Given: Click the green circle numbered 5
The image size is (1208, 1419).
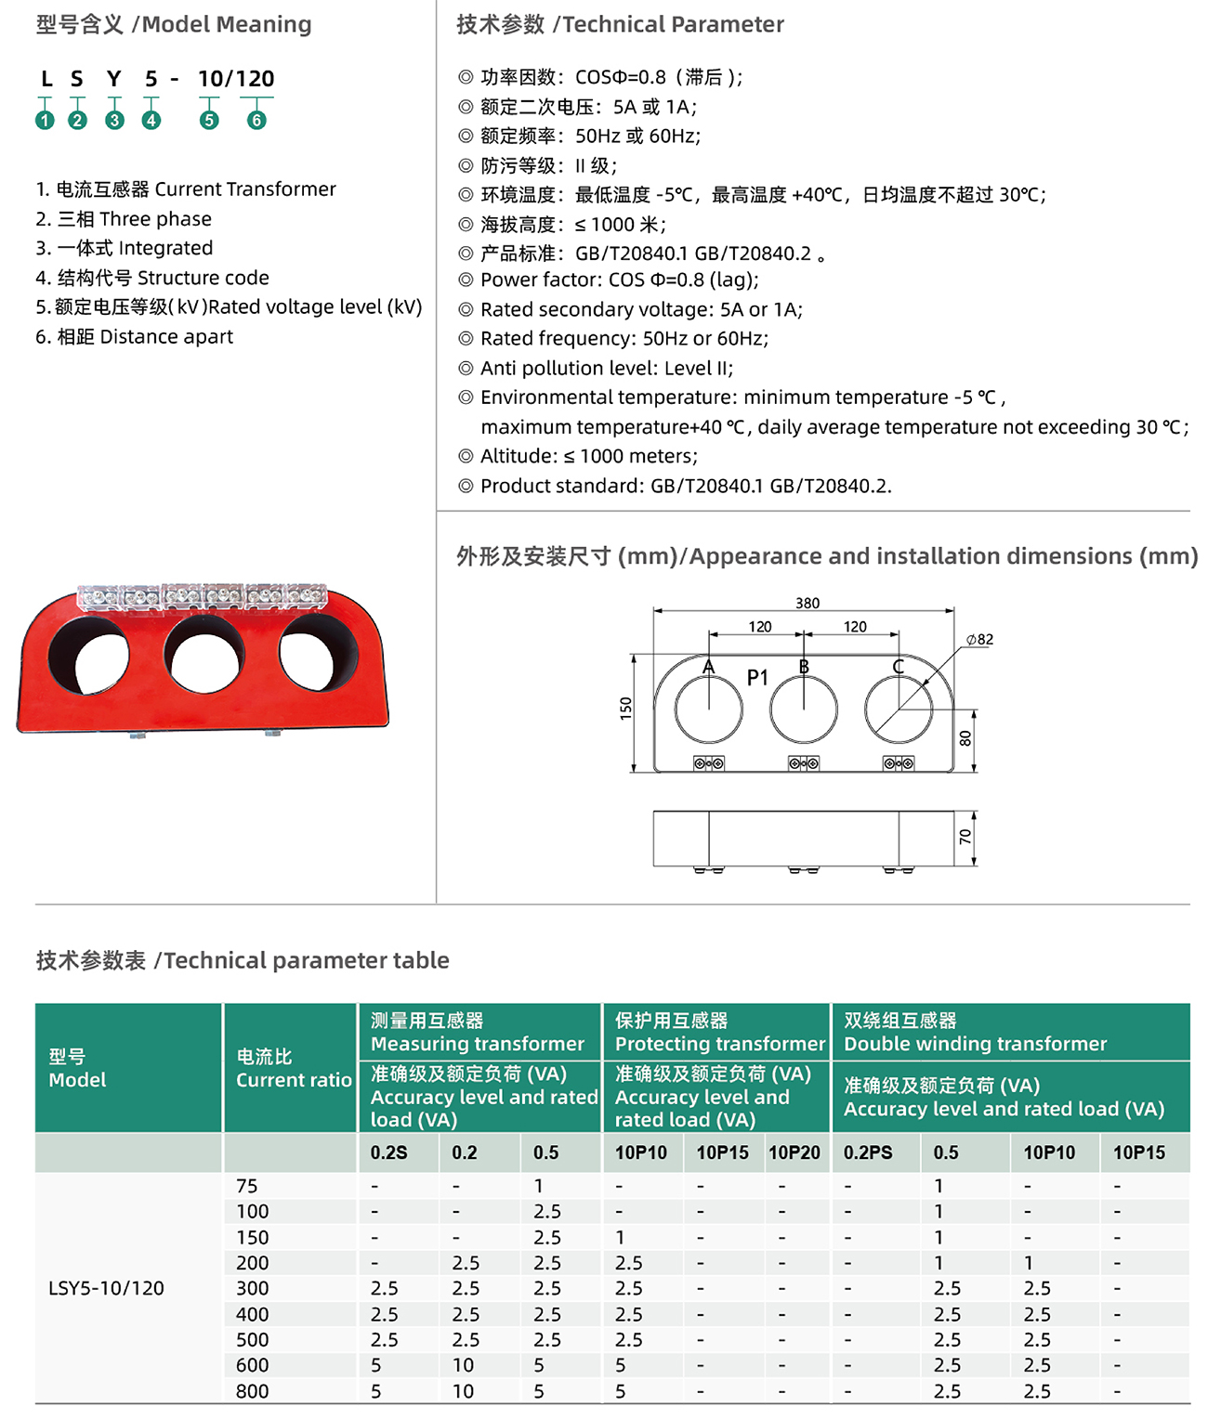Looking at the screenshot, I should click(x=209, y=121).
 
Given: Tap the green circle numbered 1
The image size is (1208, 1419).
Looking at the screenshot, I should click(x=45, y=121).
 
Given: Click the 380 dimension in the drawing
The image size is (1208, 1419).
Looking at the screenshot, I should click(x=807, y=603).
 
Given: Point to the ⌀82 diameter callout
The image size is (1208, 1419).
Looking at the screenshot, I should click(x=979, y=639).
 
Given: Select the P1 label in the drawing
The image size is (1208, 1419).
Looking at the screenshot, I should click(x=757, y=678).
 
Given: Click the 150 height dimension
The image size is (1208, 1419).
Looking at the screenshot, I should click(x=625, y=709).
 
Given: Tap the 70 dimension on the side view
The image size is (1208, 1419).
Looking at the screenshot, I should click(x=965, y=837).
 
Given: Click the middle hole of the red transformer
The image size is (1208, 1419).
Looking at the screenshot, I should click(x=206, y=656).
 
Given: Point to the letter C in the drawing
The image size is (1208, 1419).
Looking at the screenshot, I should click(x=898, y=667).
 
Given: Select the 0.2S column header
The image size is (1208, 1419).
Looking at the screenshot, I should click(x=388, y=1152).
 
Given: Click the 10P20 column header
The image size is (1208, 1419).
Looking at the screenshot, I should click(x=794, y=1152).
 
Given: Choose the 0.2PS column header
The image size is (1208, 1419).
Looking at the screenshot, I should click(x=868, y=1152).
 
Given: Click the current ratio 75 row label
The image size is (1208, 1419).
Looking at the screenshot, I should click(x=247, y=1186).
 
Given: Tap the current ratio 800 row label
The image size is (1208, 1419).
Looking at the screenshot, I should click(x=252, y=1391).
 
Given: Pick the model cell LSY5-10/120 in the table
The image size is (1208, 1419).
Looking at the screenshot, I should click(x=106, y=1288).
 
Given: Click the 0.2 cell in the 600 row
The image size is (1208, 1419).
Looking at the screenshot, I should click(x=463, y=1365).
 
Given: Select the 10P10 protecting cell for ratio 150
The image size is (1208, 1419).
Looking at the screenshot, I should click(x=620, y=1237).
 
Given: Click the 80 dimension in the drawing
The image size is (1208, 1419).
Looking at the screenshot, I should click(x=965, y=738).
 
